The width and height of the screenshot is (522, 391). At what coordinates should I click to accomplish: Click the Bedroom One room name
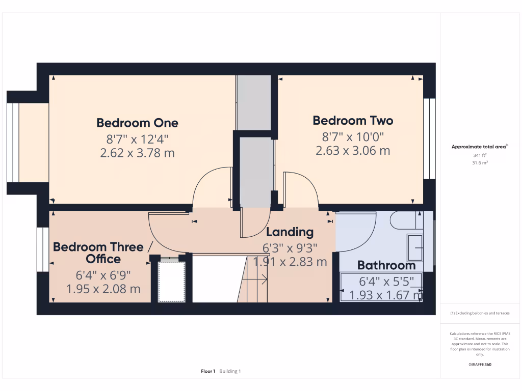(137, 123)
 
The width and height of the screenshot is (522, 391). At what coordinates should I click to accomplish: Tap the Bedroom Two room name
(353, 121)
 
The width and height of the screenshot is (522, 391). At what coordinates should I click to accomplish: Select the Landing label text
(290, 232)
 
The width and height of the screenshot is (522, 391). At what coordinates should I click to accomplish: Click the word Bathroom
(386, 265)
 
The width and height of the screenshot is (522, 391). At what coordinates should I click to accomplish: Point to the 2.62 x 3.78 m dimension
(137, 153)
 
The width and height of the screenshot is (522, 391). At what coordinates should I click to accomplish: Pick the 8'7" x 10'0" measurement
(353, 136)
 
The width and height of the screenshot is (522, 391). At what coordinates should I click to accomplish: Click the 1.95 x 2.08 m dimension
(103, 289)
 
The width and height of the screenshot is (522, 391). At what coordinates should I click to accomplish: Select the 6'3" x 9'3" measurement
(290, 248)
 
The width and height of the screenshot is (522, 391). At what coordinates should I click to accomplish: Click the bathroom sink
(416, 248)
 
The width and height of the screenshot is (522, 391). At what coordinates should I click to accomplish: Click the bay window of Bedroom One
(13, 143)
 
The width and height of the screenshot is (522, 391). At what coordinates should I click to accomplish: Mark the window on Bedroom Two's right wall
(429, 138)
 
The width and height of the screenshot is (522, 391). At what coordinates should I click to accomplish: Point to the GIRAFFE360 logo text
(480, 365)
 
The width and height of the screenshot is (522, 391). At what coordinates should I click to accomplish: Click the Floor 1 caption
(208, 371)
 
